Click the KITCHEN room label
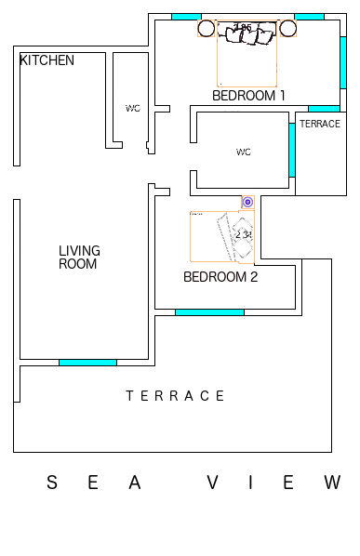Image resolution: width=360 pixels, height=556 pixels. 47,60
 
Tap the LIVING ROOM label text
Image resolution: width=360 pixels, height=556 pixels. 79,258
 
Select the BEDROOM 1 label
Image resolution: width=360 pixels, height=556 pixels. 248,95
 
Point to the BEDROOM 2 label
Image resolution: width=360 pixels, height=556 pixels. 220,276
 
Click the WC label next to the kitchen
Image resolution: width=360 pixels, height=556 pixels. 133,108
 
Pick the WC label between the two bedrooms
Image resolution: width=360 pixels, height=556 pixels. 244,152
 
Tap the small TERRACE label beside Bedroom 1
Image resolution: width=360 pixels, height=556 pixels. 320,124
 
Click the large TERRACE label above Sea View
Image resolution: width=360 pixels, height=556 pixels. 176,396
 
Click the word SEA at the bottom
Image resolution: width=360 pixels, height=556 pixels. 94,483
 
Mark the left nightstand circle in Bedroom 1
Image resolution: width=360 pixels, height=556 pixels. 206,29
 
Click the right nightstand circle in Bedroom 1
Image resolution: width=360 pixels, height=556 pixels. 287,29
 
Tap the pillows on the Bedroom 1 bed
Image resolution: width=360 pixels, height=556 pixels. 247,35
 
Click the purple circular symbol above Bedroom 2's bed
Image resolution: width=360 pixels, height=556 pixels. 247,201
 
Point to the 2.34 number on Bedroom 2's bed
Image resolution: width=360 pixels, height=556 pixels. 244,235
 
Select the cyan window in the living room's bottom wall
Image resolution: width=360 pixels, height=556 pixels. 87,362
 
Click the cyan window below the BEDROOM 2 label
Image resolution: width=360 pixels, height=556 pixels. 209,312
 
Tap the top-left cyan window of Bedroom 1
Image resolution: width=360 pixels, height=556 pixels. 186,17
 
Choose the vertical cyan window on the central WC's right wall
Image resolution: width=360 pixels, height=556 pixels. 292,149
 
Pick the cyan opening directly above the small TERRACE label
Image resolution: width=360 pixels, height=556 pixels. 324,109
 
